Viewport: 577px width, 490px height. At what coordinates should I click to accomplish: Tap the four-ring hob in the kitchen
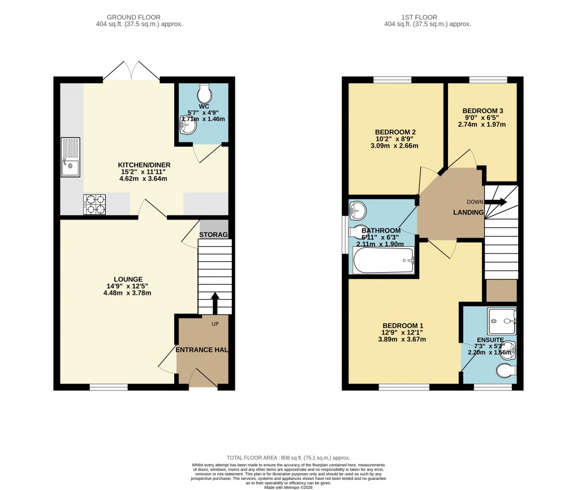click(94, 204)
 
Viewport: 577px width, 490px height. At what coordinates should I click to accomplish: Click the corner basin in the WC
click(187, 124)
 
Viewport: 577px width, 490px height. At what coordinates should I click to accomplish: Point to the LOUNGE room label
click(128, 279)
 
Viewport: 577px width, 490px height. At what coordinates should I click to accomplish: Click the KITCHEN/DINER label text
click(145, 165)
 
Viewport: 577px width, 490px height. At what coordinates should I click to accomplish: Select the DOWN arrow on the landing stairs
click(495, 202)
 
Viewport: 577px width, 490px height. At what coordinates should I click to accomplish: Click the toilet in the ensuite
click(505, 371)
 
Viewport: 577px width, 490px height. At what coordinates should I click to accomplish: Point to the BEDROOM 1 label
click(403, 325)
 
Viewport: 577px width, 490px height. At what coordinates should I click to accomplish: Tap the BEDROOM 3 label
click(483, 111)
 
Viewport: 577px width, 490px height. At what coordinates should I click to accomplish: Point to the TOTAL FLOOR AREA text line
click(288, 458)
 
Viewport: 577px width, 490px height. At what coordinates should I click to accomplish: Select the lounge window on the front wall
click(109, 387)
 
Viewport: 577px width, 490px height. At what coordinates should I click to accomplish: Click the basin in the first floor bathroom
click(358, 210)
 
